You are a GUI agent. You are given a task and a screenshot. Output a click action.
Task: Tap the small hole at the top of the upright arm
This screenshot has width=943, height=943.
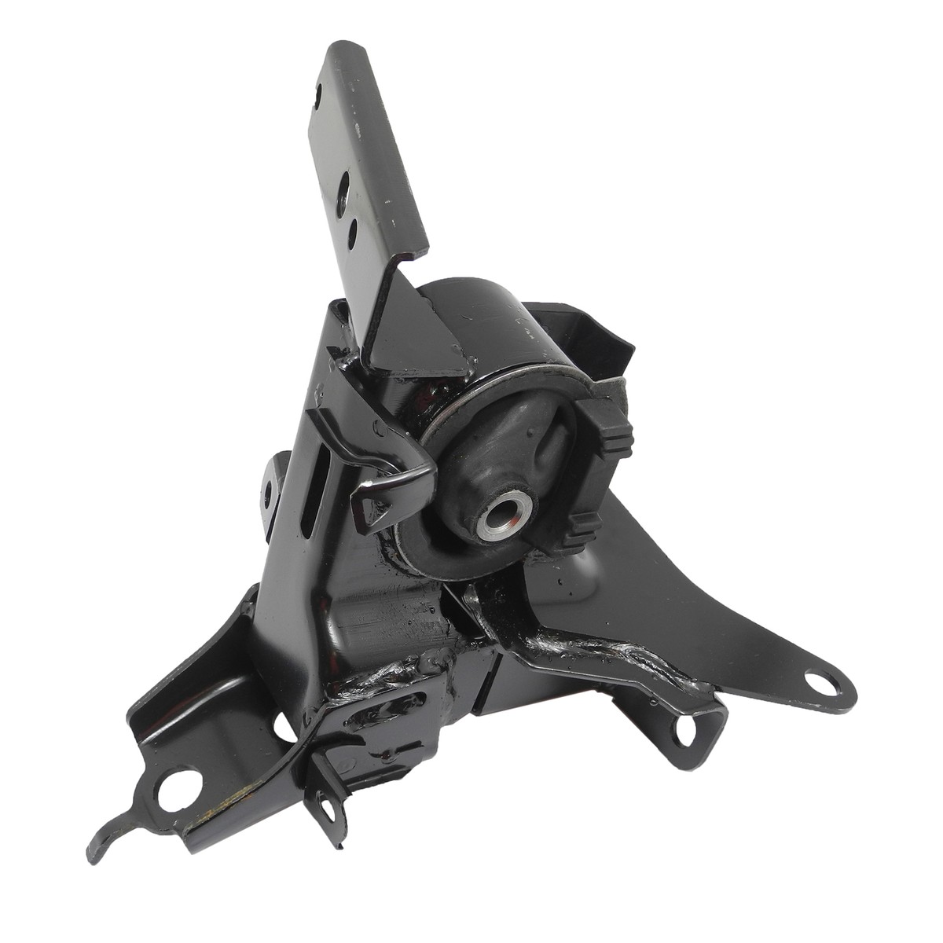317,95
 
